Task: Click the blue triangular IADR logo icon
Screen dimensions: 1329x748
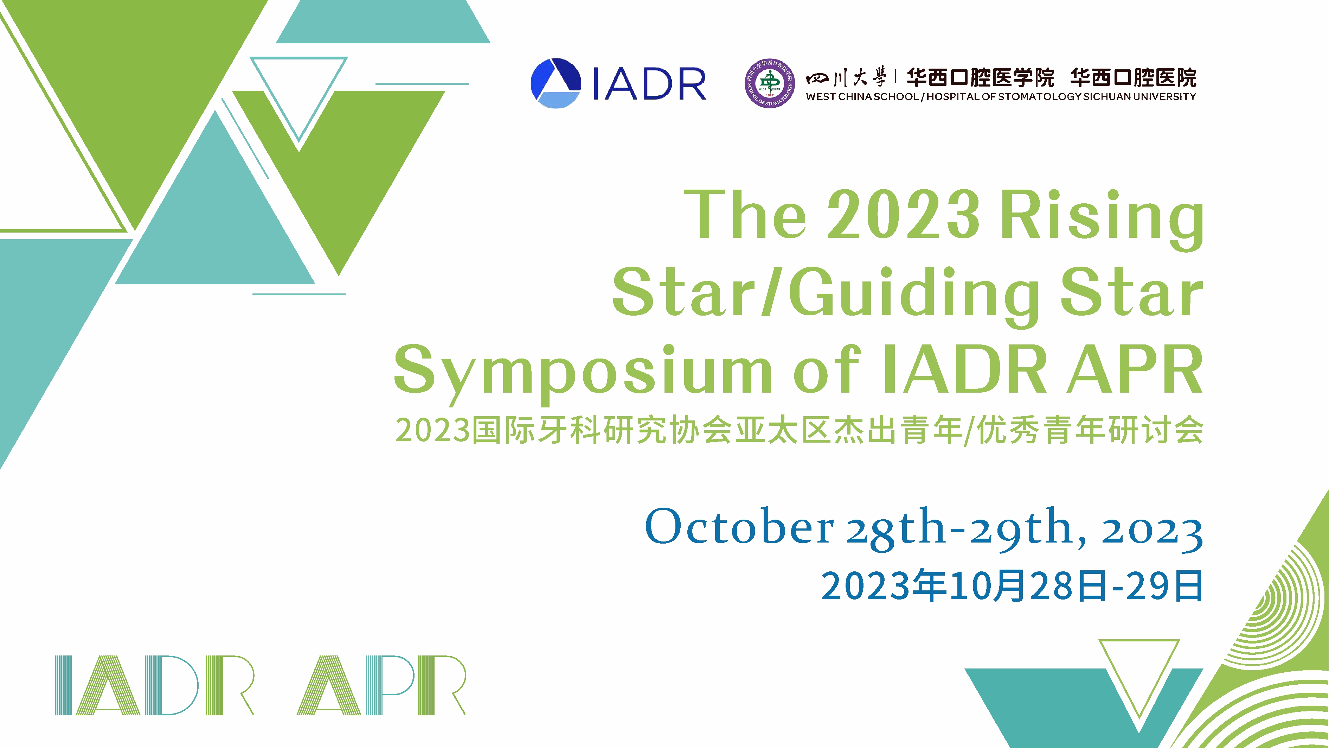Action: pyautogui.click(x=556, y=83)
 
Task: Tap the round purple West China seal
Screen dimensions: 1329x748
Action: pyautogui.click(x=770, y=83)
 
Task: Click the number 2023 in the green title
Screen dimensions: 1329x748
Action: pyautogui.click(x=903, y=214)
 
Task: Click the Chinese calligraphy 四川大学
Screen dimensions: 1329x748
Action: pyautogui.click(x=846, y=78)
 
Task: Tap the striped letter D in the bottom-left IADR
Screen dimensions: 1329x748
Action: pyautogui.click(x=171, y=685)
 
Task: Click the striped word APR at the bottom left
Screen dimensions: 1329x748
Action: pyautogui.click(x=381, y=685)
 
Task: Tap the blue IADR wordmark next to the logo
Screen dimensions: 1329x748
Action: pyautogui.click(x=649, y=83)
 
